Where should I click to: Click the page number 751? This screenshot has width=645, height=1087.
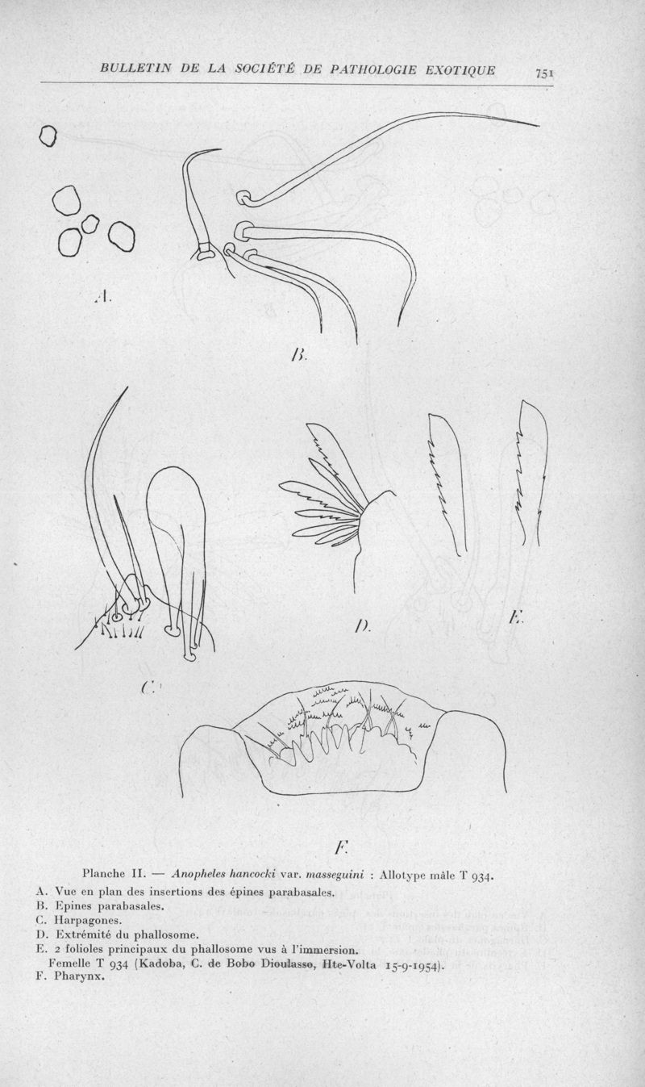[544, 73]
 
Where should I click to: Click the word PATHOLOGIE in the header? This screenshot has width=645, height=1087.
[374, 70]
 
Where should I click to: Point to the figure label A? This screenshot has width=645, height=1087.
[103, 296]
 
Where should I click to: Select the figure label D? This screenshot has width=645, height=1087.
[362, 626]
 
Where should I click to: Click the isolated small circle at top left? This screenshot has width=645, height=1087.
[48, 136]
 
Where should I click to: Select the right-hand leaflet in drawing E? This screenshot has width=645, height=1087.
[532, 475]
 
